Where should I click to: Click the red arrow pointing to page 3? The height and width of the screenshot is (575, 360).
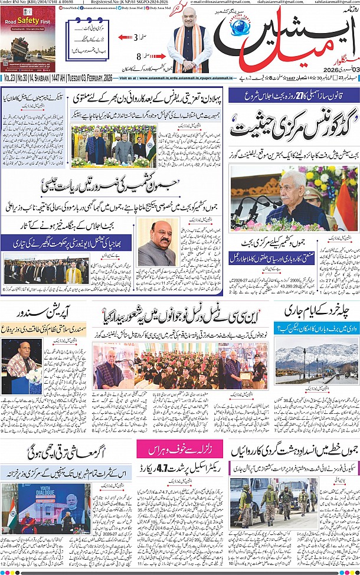tap(124, 37)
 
